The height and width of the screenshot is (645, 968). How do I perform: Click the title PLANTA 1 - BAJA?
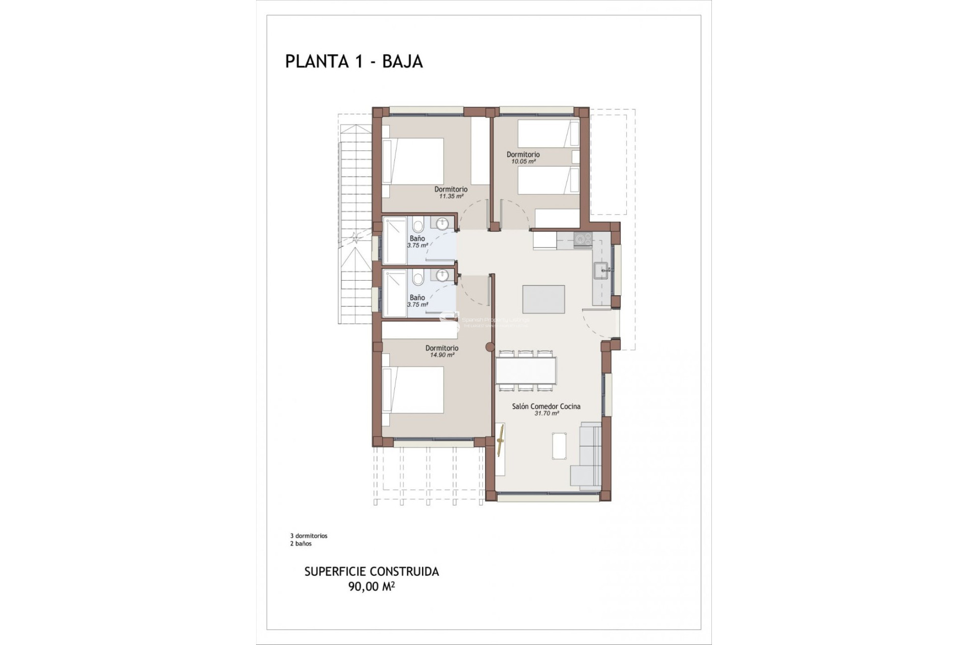[x=354, y=61]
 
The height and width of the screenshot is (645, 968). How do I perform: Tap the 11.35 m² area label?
[x=451, y=197]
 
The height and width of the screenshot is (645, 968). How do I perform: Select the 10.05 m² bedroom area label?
[x=523, y=162]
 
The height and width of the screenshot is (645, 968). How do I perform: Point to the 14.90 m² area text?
[x=442, y=355]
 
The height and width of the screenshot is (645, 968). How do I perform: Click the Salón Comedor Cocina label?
[x=546, y=406]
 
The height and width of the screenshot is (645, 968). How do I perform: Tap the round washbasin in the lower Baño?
[x=442, y=275]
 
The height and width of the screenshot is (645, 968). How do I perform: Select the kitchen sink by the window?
[x=602, y=271]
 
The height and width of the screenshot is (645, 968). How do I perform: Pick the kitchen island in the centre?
[x=543, y=299]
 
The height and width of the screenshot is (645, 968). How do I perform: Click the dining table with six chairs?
[x=526, y=370]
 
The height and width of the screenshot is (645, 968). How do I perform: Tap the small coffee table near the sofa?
[x=559, y=446]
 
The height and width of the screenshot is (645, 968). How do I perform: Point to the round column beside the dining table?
[x=489, y=347]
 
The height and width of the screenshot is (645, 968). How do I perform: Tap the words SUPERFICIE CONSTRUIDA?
[x=372, y=572]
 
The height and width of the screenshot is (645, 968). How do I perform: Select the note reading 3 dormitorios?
[x=309, y=536]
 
